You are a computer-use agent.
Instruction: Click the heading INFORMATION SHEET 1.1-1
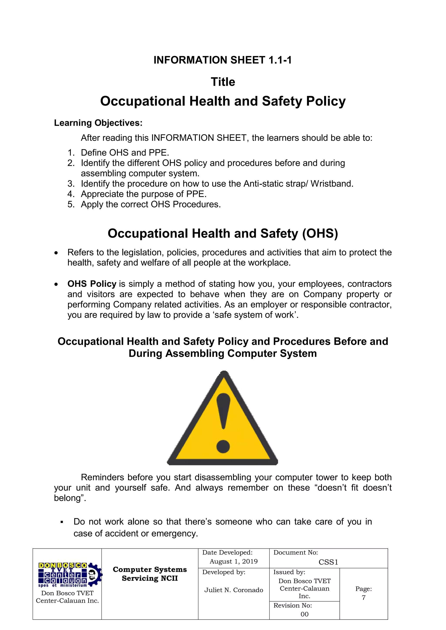click(x=222, y=60)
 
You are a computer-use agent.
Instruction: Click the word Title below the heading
click(x=223, y=82)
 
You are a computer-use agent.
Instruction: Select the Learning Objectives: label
click(x=98, y=123)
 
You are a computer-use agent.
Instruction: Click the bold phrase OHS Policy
click(x=92, y=284)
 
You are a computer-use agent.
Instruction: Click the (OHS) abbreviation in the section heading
click(x=320, y=234)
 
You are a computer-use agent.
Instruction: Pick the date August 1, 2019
click(x=233, y=561)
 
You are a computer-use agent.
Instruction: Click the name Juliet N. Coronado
click(x=233, y=590)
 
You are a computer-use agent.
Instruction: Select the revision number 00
click(x=304, y=614)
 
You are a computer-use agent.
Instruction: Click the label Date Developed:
click(x=227, y=553)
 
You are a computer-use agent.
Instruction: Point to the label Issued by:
click(x=289, y=572)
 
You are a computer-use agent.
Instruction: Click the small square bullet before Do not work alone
click(x=62, y=522)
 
